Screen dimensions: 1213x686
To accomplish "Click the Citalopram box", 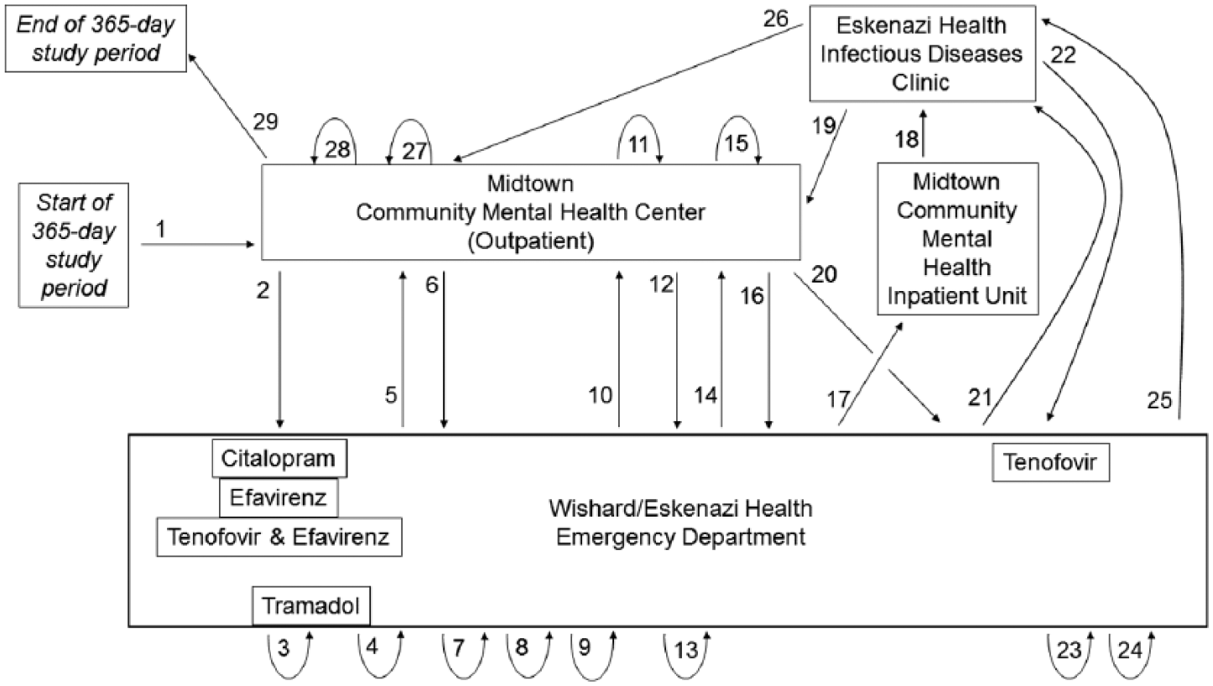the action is [x=279, y=458].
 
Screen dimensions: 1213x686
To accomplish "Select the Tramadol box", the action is [x=311, y=605].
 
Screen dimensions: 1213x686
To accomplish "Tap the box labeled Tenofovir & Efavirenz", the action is [x=279, y=537].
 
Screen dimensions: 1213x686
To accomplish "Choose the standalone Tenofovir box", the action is [x=1050, y=462].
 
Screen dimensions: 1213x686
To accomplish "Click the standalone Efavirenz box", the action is [x=279, y=497].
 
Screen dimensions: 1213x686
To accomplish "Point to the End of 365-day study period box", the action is [x=96, y=39].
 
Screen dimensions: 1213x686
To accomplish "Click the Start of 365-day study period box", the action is [x=74, y=245].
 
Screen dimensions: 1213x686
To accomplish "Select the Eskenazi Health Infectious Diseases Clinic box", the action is [x=922, y=54].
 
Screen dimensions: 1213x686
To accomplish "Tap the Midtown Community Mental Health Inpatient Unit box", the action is [x=957, y=239].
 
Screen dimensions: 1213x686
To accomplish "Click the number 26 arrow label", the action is [x=775, y=19].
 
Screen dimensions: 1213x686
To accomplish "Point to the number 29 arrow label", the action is [x=265, y=122].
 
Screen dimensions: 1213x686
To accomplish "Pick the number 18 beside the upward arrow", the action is [x=907, y=139].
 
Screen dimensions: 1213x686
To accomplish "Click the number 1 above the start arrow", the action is [x=161, y=230].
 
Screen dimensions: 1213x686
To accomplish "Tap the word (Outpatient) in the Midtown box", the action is [x=531, y=241].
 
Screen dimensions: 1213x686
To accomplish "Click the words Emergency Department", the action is [x=680, y=537].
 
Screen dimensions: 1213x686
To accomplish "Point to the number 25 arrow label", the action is [x=1158, y=401].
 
